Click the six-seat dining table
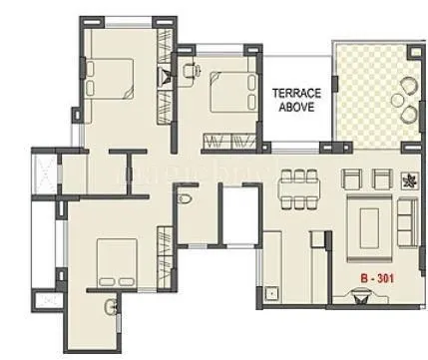[297, 186]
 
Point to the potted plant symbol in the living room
[409, 180]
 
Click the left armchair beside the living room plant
[352, 179]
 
